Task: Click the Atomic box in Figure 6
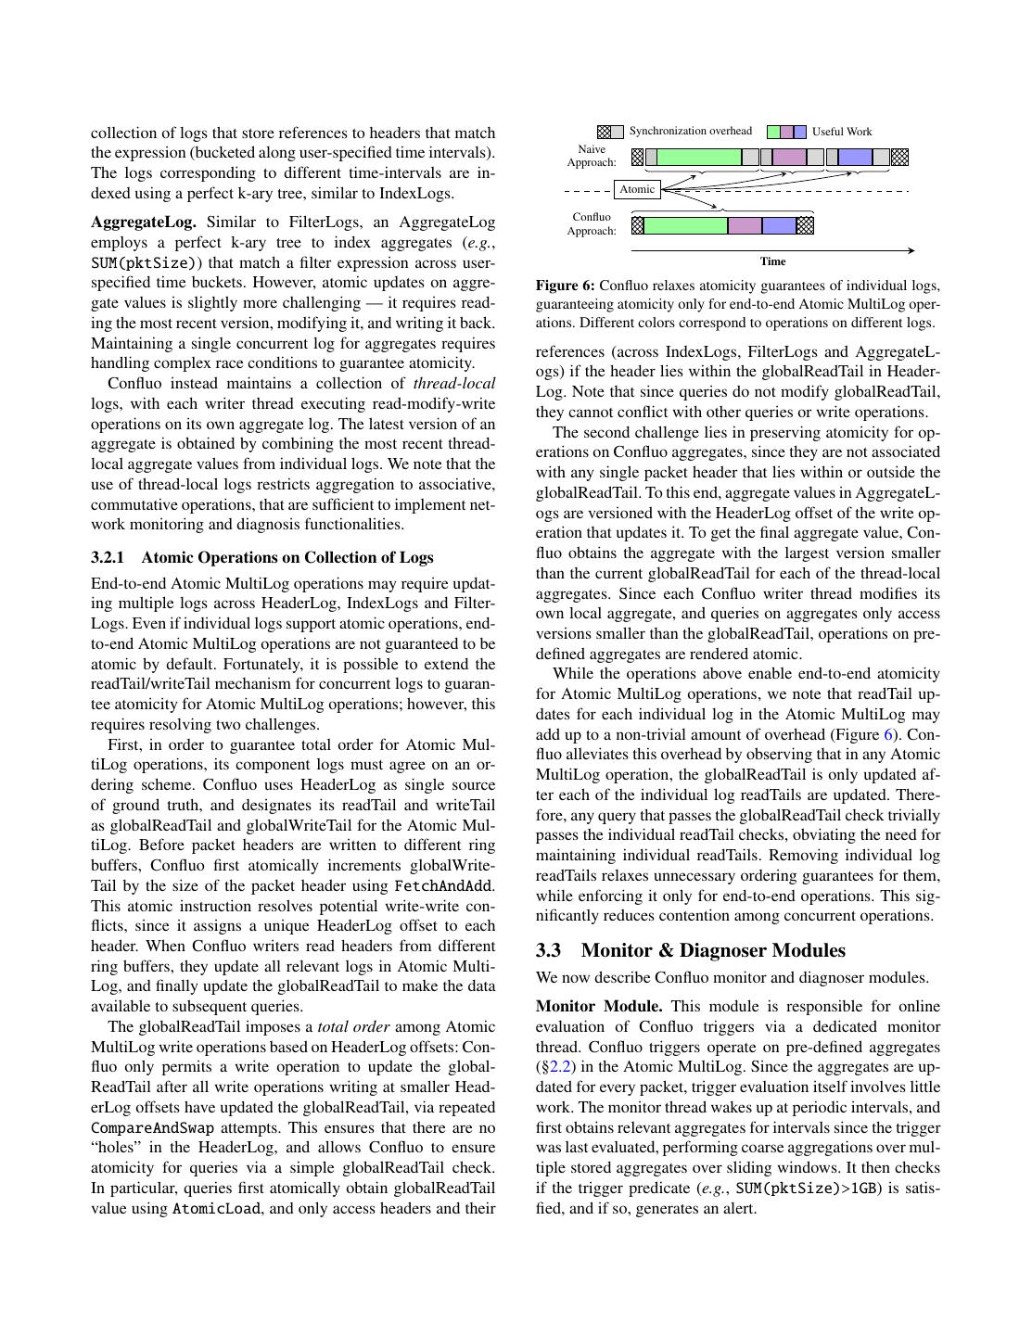(x=637, y=189)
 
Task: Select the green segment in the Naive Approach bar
(x=699, y=158)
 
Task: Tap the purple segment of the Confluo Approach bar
(x=745, y=225)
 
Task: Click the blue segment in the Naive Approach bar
(x=855, y=158)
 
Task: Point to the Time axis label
(x=772, y=261)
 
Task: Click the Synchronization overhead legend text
(x=691, y=131)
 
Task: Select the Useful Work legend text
(x=842, y=132)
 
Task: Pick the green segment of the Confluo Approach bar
(x=685, y=225)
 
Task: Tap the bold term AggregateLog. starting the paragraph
(x=144, y=222)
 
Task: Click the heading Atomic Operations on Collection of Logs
(x=287, y=557)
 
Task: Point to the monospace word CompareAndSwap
(x=152, y=1127)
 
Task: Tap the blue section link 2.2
(x=561, y=1067)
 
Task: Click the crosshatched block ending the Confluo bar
(x=805, y=225)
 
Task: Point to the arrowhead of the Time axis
(x=911, y=250)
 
